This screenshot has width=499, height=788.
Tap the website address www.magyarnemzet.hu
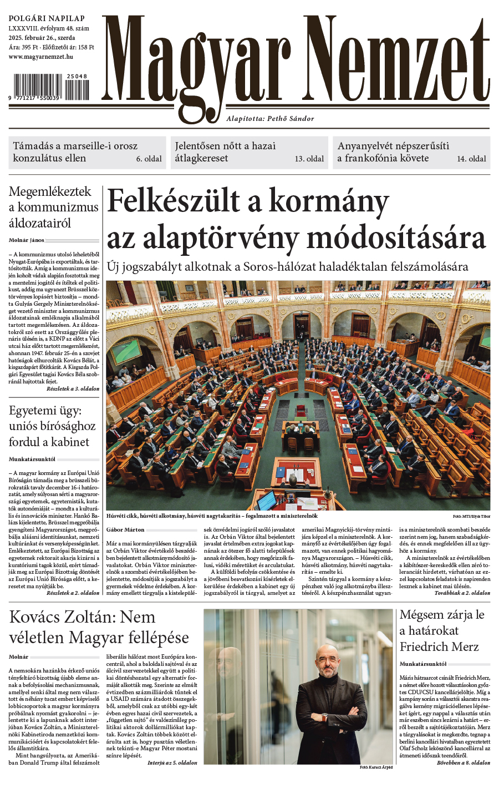41,57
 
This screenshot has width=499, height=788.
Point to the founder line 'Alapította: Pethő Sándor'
270,118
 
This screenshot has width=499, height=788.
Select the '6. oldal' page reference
149,159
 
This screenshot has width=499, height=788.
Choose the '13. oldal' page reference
309,159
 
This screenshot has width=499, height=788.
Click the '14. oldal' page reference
472,159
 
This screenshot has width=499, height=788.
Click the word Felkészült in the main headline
172,201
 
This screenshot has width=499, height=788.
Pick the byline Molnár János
27,240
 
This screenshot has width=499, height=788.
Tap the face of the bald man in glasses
327,660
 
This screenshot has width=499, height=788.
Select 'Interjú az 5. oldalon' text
172,762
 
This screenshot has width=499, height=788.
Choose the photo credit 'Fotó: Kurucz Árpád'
375,767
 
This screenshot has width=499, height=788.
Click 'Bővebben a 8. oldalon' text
464,762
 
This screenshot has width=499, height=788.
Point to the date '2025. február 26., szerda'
42,38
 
